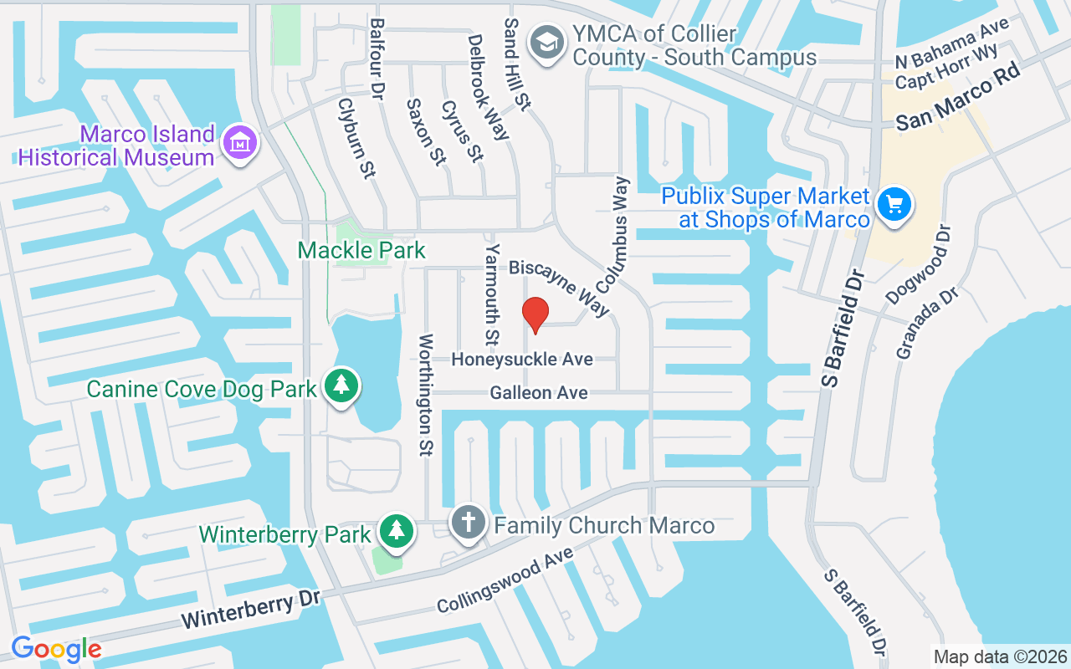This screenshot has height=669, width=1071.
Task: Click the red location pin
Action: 535,314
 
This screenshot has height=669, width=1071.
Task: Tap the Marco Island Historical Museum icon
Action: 240,145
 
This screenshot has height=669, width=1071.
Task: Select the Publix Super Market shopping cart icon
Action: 894,203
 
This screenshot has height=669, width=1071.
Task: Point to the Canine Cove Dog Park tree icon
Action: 341,386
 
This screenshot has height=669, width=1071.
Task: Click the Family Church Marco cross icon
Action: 469,523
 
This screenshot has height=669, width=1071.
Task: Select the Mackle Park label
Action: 361,250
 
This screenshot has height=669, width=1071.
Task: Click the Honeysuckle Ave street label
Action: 522,359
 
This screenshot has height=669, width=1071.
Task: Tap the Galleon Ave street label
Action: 539,392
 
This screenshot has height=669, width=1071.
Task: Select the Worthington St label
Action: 426,394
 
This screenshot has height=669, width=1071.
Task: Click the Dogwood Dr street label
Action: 919,265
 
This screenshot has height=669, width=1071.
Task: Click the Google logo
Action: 56,648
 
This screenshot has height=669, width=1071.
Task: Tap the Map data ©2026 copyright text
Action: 999,656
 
